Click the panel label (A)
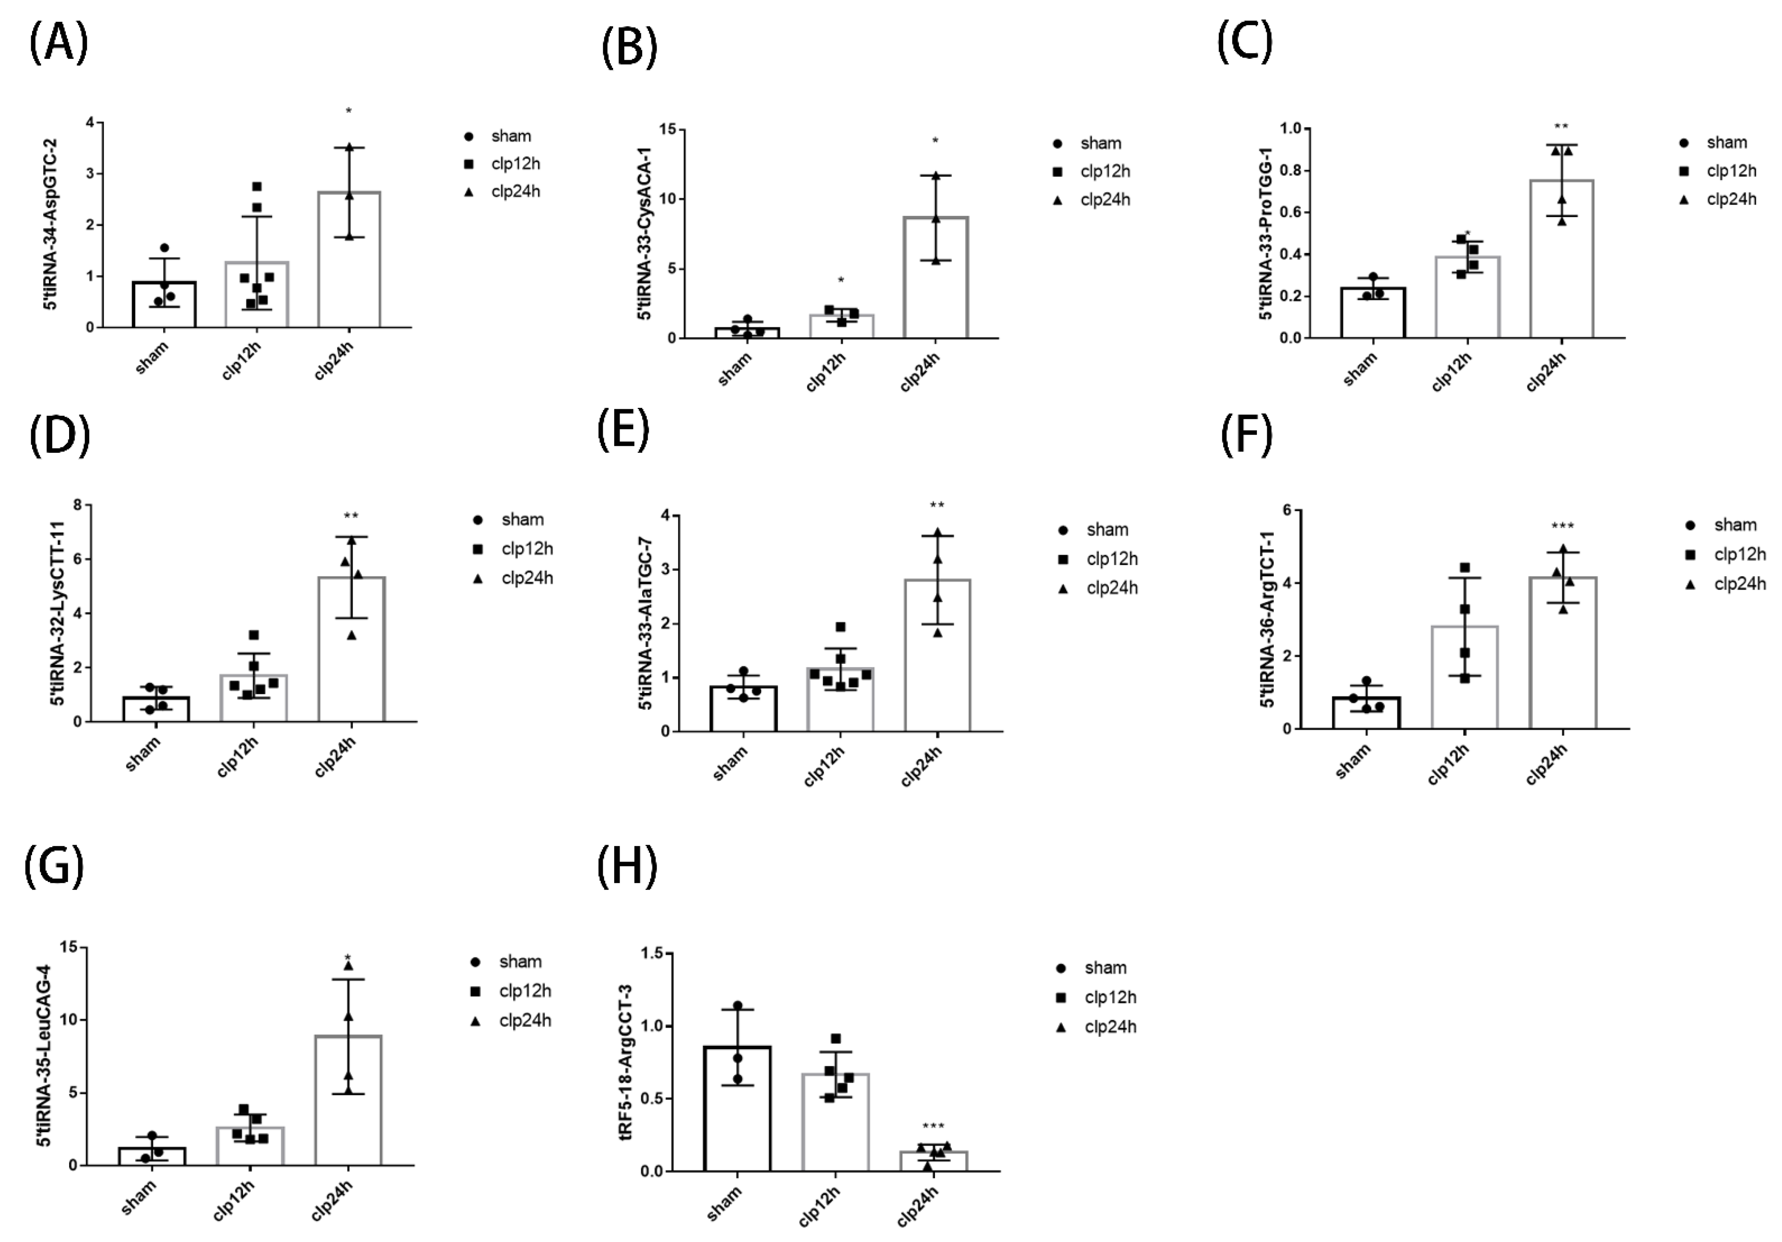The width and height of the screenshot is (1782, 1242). (x=58, y=43)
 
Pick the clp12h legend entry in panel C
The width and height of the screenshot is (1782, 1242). (x=1719, y=171)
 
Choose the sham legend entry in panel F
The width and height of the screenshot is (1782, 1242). (x=1723, y=525)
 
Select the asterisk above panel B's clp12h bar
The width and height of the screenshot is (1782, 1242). (x=840, y=280)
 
